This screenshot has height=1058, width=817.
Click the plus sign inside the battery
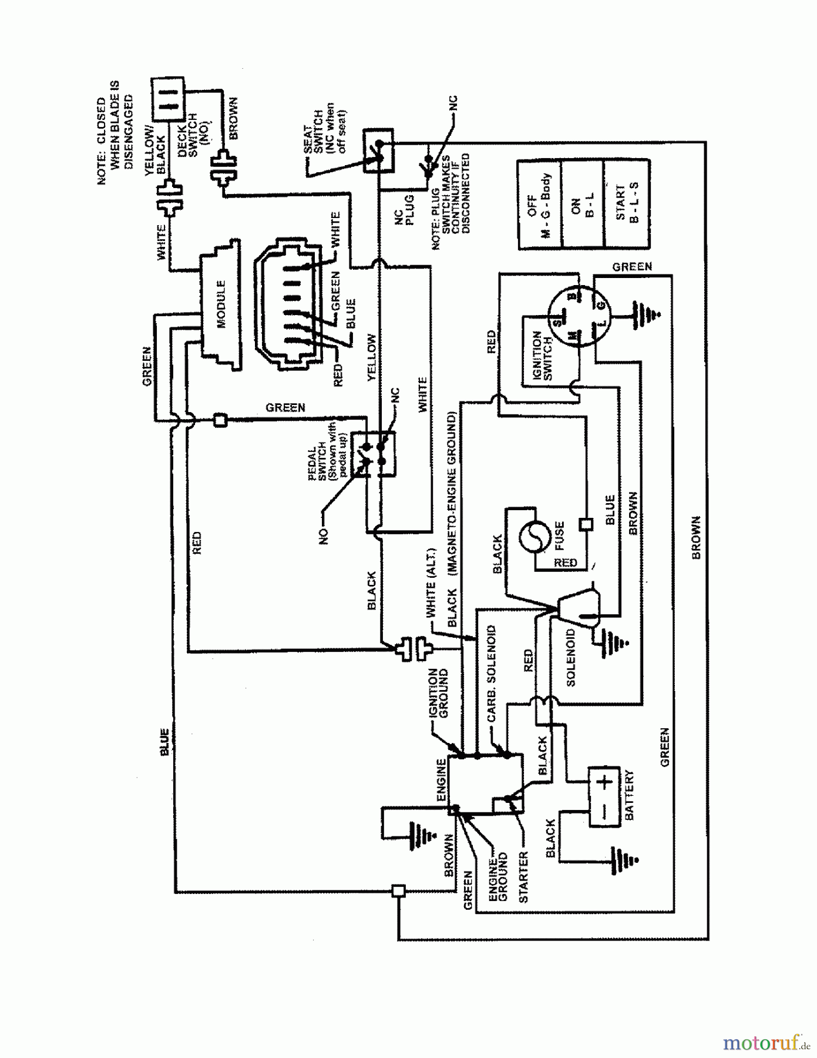(605, 782)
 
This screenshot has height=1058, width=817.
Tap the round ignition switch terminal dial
(578, 314)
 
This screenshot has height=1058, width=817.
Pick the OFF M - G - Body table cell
(539, 204)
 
